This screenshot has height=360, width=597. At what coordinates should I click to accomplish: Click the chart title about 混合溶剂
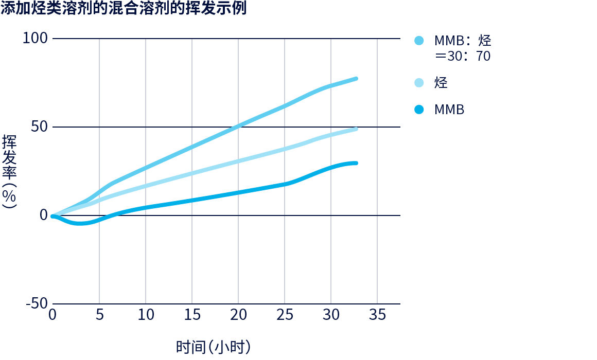[x=124, y=9]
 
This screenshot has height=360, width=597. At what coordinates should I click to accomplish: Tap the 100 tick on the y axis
[x=36, y=39]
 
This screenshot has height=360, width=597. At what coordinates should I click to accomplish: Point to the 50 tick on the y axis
[x=39, y=127]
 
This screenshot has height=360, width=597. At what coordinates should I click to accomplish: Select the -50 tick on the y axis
[x=36, y=303]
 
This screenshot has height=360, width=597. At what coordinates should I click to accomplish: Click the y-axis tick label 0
[x=44, y=215]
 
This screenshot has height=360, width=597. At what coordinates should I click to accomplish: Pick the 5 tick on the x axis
[x=99, y=315]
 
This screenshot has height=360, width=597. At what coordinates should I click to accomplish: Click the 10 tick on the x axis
[x=146, y=315]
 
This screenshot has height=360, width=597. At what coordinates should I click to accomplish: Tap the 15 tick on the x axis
[x=192, y=315]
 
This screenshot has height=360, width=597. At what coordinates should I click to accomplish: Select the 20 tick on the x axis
[x=238, y=315]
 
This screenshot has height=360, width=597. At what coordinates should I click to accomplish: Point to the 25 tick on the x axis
[x=285, y=315]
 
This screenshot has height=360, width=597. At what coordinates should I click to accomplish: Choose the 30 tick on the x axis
[x=331, y=315]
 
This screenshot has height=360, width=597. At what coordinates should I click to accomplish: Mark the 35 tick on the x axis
[x=377, y=315]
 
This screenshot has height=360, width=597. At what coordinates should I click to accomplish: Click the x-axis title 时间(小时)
[x=213, y=347]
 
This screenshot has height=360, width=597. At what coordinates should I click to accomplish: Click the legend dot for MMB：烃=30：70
[x=419, y=41]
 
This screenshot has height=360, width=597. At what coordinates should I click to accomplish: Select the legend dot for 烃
[x=419, y=83]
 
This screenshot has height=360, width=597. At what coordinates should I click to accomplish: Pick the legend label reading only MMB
[x=449, y=110]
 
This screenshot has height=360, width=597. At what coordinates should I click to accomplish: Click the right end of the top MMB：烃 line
[x=356, y=79]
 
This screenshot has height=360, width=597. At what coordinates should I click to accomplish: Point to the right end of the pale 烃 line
[x=356, y=129]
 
